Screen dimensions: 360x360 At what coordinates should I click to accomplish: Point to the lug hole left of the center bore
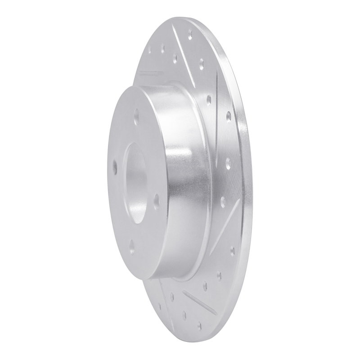tap(115, 166)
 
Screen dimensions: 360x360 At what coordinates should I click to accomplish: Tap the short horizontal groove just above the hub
tap(150, 72)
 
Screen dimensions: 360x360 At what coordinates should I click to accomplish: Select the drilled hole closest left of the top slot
tap(173, 56)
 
